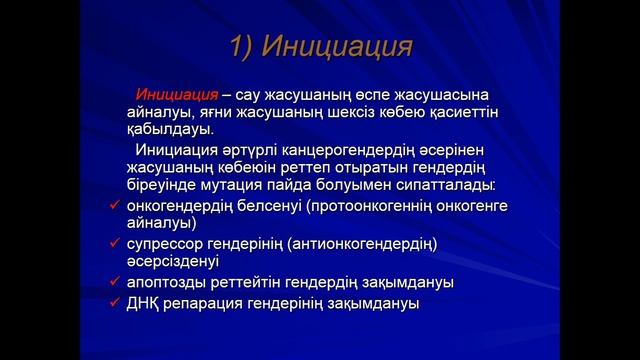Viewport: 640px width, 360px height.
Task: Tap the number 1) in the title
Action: point(247,47)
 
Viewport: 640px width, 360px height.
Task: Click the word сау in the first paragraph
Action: point(255,93)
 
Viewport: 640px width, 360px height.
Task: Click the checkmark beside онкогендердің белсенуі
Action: point(116,206)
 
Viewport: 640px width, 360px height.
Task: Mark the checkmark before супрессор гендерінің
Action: point(116,243)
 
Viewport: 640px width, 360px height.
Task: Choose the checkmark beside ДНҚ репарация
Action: point(116,302)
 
